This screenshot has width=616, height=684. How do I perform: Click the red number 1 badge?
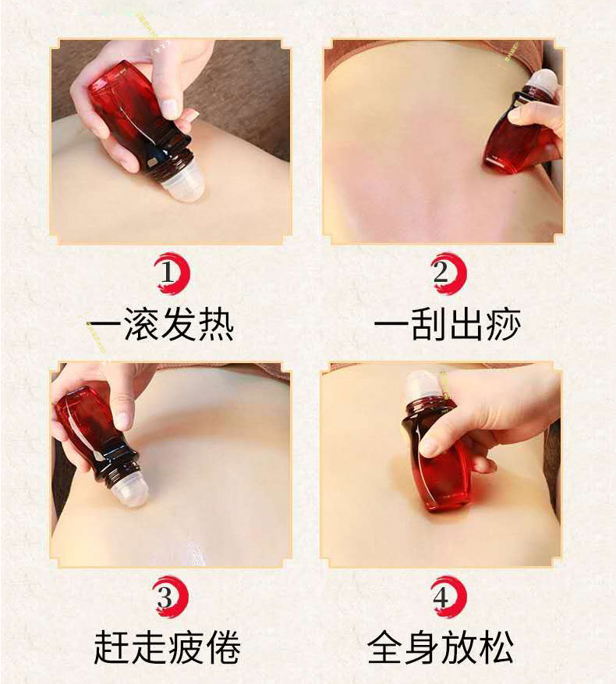coord(172,273)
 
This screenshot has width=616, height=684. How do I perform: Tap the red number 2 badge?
coord(448,273)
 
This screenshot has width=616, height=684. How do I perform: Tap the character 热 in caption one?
coord(216,325)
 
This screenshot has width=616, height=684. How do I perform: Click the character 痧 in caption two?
coord(503,325)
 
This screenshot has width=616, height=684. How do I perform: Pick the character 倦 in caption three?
coord(222,648)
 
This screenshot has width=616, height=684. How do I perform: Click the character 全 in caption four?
coord(385,648)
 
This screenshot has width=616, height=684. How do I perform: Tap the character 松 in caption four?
coord(496,648)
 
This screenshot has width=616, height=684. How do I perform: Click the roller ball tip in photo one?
coord(183,187)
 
